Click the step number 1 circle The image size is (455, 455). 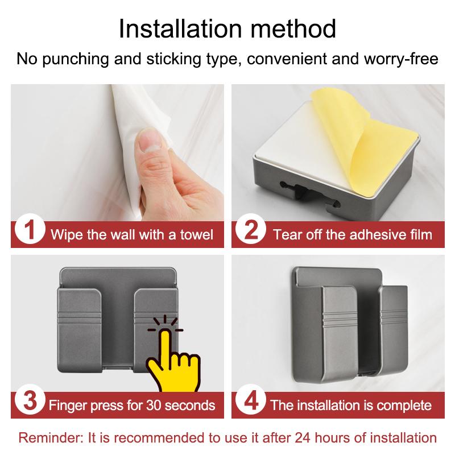pos(28,233)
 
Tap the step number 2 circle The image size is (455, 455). pos(250,233)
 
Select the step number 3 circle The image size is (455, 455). pos(28,405)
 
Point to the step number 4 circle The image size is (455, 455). pos(250,405)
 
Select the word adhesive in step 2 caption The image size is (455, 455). pos(362,234)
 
